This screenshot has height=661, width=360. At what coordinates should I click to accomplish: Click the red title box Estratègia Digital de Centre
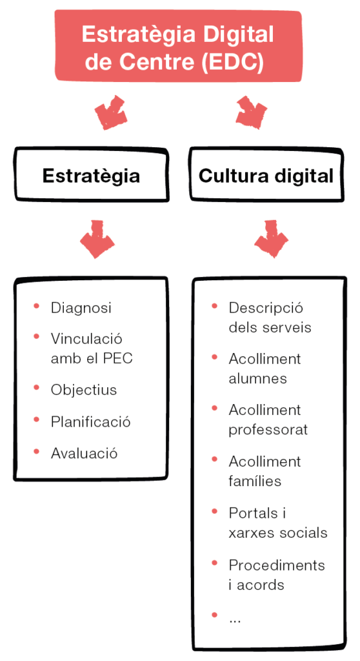[178, 46]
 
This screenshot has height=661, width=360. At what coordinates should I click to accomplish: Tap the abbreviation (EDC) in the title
[232, 61]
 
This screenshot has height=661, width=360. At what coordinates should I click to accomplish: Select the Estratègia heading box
[92, 174]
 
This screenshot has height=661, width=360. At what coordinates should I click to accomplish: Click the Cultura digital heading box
[266, 174]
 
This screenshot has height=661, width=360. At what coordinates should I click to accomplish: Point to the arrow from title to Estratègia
[111, 112]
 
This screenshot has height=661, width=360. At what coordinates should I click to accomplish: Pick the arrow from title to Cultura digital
[251, 112]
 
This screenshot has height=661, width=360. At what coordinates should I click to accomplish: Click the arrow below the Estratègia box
[97, 239]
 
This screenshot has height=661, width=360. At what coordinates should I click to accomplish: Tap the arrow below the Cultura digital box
[271, 239]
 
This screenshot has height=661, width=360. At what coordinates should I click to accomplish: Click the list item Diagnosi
[81, 308]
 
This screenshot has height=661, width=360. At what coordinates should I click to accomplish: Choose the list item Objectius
[84, 389]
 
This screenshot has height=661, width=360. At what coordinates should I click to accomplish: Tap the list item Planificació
[90, 422]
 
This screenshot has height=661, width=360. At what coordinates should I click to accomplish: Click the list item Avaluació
[85, 453]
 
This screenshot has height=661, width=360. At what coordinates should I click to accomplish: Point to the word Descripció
[266, 308]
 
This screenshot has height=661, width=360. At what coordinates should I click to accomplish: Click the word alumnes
[257, 378]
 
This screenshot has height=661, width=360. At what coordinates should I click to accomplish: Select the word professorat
[268, 430]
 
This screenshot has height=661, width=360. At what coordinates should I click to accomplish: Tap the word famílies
[255, 480]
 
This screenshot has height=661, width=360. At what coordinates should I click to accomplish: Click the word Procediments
[277, 565]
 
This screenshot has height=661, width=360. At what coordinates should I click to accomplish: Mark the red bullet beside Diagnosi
[37, 305]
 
